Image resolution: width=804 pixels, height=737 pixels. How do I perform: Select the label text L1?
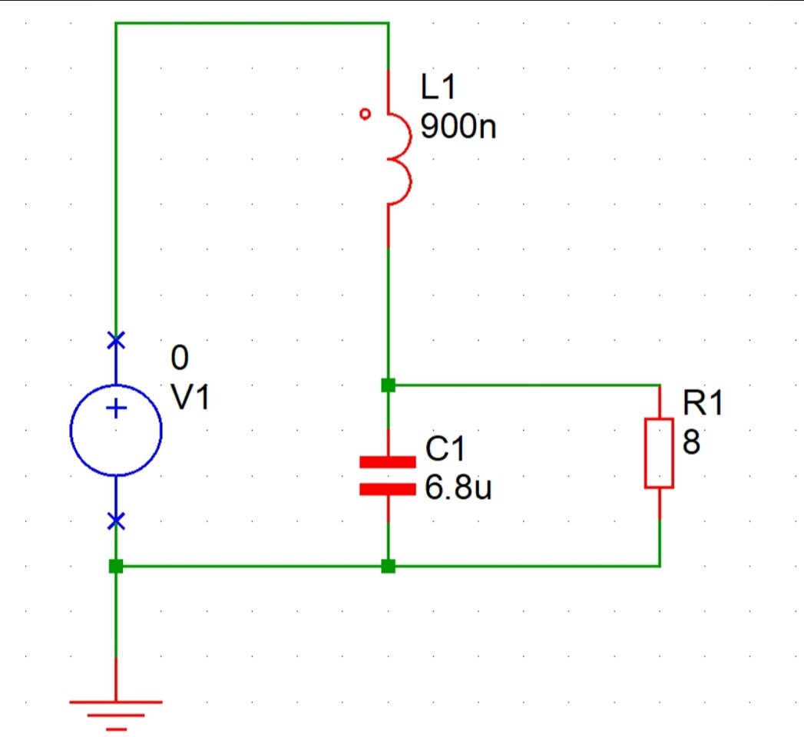coord(438,88)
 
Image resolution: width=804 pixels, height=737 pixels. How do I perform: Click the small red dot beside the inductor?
coord(366,114)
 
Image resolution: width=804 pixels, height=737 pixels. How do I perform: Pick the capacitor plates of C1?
coord(388,475)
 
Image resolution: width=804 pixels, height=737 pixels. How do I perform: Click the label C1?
coord(445,451)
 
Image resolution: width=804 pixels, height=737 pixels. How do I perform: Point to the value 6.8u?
coord(458,488)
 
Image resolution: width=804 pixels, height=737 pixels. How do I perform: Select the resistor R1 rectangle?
coord(659,453)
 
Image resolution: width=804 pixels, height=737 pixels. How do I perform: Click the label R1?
coord(703,404)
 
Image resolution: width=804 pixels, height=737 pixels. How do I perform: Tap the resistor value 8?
coord(690,442)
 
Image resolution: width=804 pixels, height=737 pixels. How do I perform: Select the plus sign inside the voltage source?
coord(116,409)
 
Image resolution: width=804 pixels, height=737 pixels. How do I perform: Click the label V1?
coord(190,398)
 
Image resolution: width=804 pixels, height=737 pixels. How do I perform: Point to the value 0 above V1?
coord(180,359)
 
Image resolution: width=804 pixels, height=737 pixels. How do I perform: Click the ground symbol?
coord(116,711)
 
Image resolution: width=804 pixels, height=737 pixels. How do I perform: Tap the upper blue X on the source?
coord(116,339)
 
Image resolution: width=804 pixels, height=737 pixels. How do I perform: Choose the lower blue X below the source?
coord(116,522)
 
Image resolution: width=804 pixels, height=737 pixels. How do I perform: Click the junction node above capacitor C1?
coord(389,385)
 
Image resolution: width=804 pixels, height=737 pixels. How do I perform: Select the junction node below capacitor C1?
coord(389,567)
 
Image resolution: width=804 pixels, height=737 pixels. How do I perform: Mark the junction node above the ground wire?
coord(116,567)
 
